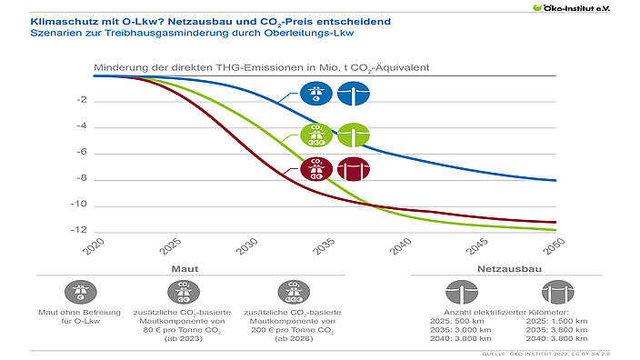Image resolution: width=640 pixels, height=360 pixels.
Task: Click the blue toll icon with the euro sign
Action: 317,94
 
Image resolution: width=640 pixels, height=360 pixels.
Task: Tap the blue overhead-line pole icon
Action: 354,94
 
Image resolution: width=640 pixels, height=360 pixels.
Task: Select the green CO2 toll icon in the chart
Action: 317,135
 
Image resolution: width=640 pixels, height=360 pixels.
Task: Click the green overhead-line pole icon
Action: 354,135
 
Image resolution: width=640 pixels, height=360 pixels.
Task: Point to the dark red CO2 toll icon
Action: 317,169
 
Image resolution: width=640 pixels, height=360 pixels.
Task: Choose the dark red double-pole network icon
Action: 354,169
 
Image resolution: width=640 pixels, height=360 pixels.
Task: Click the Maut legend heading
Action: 185,269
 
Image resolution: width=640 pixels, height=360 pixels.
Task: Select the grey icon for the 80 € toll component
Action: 178,292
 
